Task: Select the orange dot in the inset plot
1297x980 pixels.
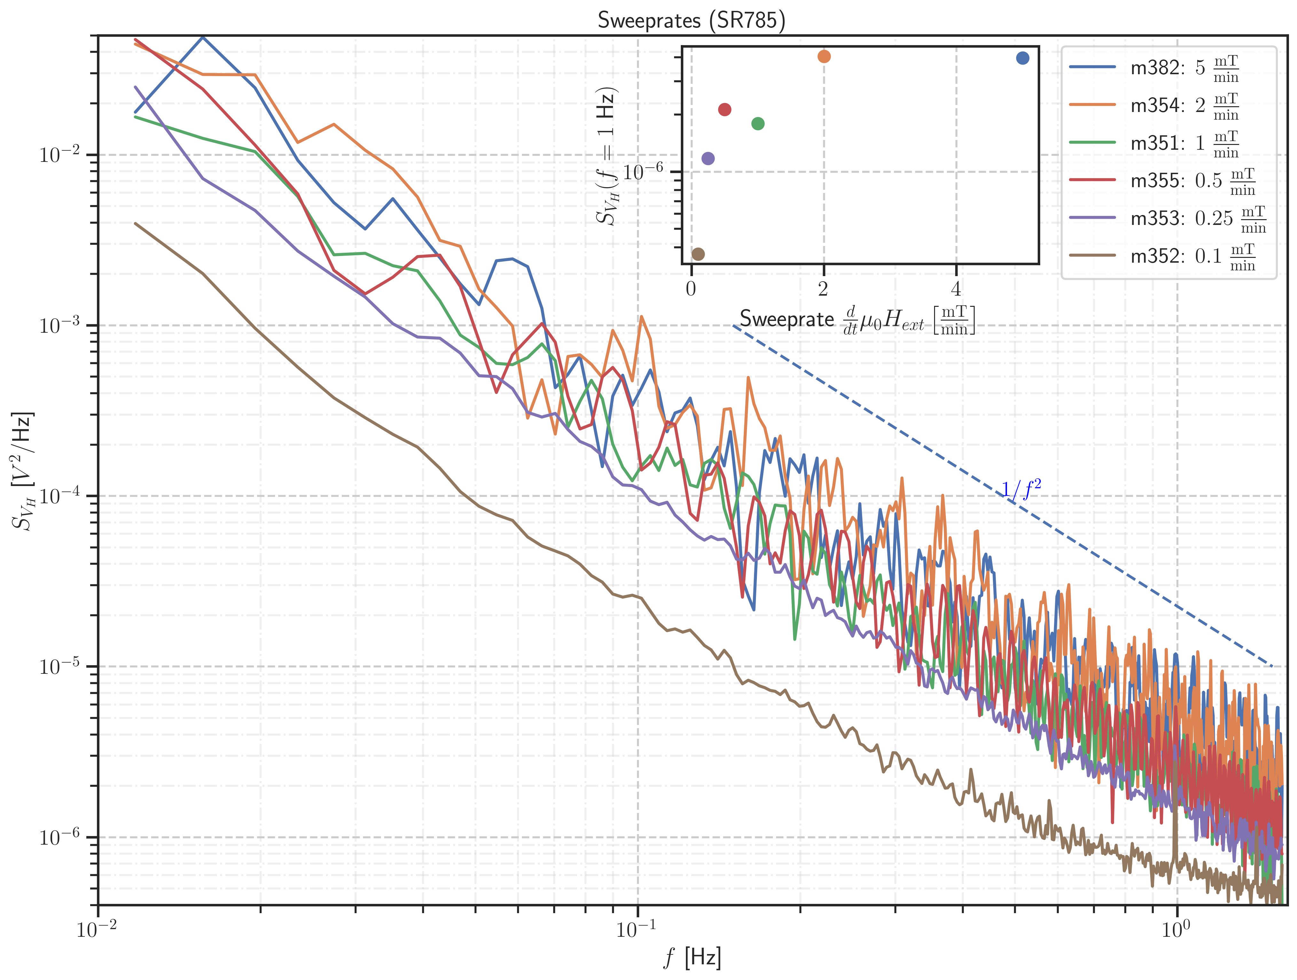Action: click(x=824, y=56)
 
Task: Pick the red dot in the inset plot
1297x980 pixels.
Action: click(x=725, y=110)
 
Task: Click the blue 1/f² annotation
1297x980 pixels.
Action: click(x=1021, y=490)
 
